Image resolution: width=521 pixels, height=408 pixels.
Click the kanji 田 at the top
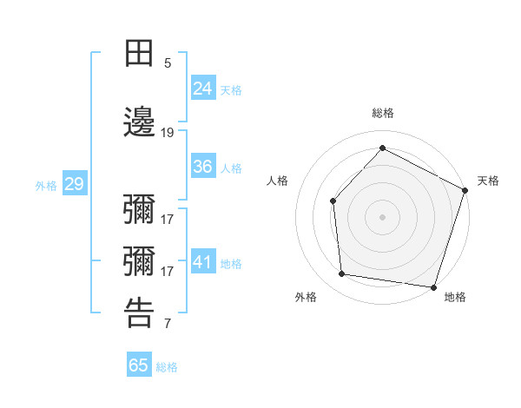pos(140,53)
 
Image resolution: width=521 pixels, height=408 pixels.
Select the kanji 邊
pos(140,123)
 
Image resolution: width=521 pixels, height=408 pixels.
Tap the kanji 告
pos(140,313)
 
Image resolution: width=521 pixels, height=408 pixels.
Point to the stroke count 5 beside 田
pos(168,63)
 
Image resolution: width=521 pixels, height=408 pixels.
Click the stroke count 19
pos(168,133)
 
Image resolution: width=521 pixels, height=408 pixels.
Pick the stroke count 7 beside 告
pos(168,325)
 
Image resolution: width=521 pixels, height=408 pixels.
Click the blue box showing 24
pos(203,88)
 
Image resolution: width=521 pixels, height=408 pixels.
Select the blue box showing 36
pos(203,167)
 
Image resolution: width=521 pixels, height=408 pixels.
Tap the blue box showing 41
pos(203,261)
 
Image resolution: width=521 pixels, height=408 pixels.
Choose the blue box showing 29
pos(74,184)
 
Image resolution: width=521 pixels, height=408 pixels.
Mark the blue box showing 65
pos(139,365)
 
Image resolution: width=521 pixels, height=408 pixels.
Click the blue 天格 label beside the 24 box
pos(231,89)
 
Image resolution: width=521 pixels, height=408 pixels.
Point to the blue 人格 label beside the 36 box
pos(231,168)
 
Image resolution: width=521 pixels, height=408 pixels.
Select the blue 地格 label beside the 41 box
pos(231,263)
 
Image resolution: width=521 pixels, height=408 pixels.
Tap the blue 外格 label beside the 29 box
pos(46,186)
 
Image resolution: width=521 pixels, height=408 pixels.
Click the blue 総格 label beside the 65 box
pos(167,367)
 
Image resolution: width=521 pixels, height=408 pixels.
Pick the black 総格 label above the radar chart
pos(382,114)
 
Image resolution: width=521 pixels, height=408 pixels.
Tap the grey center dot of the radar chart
pos(382,216)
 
